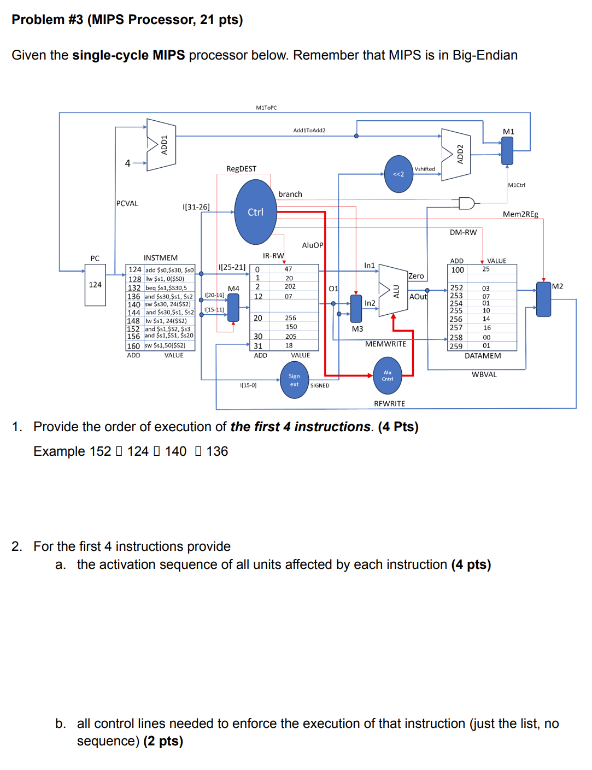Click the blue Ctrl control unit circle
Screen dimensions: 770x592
coord(255,212)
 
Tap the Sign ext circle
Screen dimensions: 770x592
coord(294,380)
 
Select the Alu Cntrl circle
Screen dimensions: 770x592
coord(388,375)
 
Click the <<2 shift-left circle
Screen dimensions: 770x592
coord(398,174)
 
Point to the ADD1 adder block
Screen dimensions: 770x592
coord(162,145)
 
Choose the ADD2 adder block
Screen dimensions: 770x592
coord(456,155)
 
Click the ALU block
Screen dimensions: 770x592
coord(393,291)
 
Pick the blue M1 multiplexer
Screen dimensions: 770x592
coord(507,150)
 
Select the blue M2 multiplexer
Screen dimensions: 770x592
coord(543,299)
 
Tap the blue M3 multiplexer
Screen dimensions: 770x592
coord(356,308)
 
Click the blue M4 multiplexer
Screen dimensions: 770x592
coord(233,307)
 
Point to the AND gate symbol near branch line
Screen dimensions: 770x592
coord(466,203)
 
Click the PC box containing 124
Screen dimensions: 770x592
coord(95,285)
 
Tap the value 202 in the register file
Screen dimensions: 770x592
coord(290,287)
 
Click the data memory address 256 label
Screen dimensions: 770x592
coord(456,319)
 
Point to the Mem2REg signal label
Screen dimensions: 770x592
coord(520,214)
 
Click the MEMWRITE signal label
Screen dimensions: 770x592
coord(385,344)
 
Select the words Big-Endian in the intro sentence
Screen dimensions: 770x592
coord(485,55)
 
